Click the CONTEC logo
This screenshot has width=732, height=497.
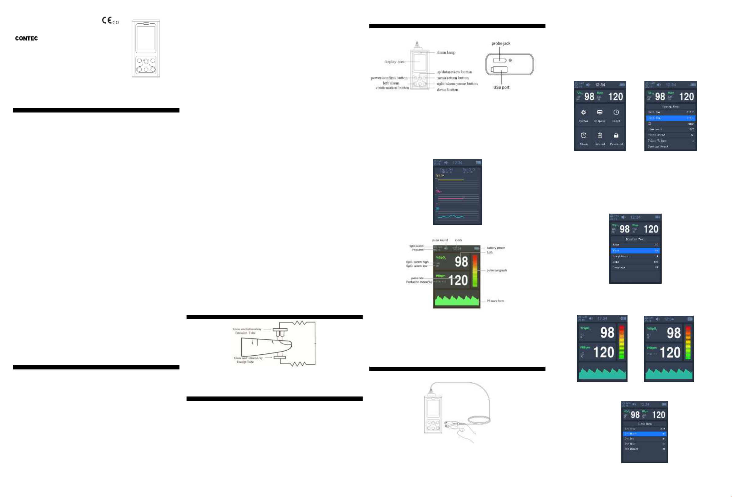tap(26, 38)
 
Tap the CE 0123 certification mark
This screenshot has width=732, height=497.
tap(110, 21)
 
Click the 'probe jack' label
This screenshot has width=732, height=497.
tap(501, 43)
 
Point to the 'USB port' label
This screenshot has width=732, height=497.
tap(501, 87)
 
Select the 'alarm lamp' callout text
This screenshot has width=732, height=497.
tap(446, 53)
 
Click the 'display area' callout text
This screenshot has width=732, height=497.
tap(394, 62)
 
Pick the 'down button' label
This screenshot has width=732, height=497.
tap(447, 90)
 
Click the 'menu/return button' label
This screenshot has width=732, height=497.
tap(452, 78)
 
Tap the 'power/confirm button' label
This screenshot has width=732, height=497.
tap(389, 78)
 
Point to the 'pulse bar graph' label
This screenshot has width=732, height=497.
tap(496, 270)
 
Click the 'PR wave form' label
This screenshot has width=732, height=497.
tap(495, 301)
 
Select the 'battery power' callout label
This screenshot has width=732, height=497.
tap(495, 248)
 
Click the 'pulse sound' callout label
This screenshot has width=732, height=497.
tap(440, 240)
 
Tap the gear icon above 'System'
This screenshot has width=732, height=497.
tap(583, 112)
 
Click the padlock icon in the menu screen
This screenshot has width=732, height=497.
tap(616, 136)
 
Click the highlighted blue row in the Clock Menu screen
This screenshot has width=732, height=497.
tap(644, 434)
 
